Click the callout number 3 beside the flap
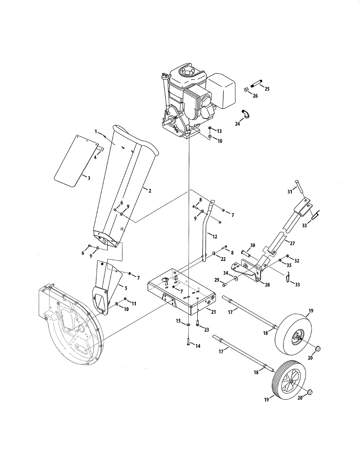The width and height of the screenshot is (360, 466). click(x=89, y=178)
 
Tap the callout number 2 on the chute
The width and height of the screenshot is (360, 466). click(x=150, y=191)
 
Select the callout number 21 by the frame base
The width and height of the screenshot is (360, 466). click(x=213, y=312)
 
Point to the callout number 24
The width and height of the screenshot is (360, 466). click(x=237, y=124)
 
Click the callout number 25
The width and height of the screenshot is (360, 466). click(x=267, y=89)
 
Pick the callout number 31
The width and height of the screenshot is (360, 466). click(x=290, y=191)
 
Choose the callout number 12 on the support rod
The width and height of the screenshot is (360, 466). click(x=214, y=236)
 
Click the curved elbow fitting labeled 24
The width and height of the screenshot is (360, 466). click(x=245, y=114)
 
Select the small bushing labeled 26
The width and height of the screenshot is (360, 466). click(x=246, y=89)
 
